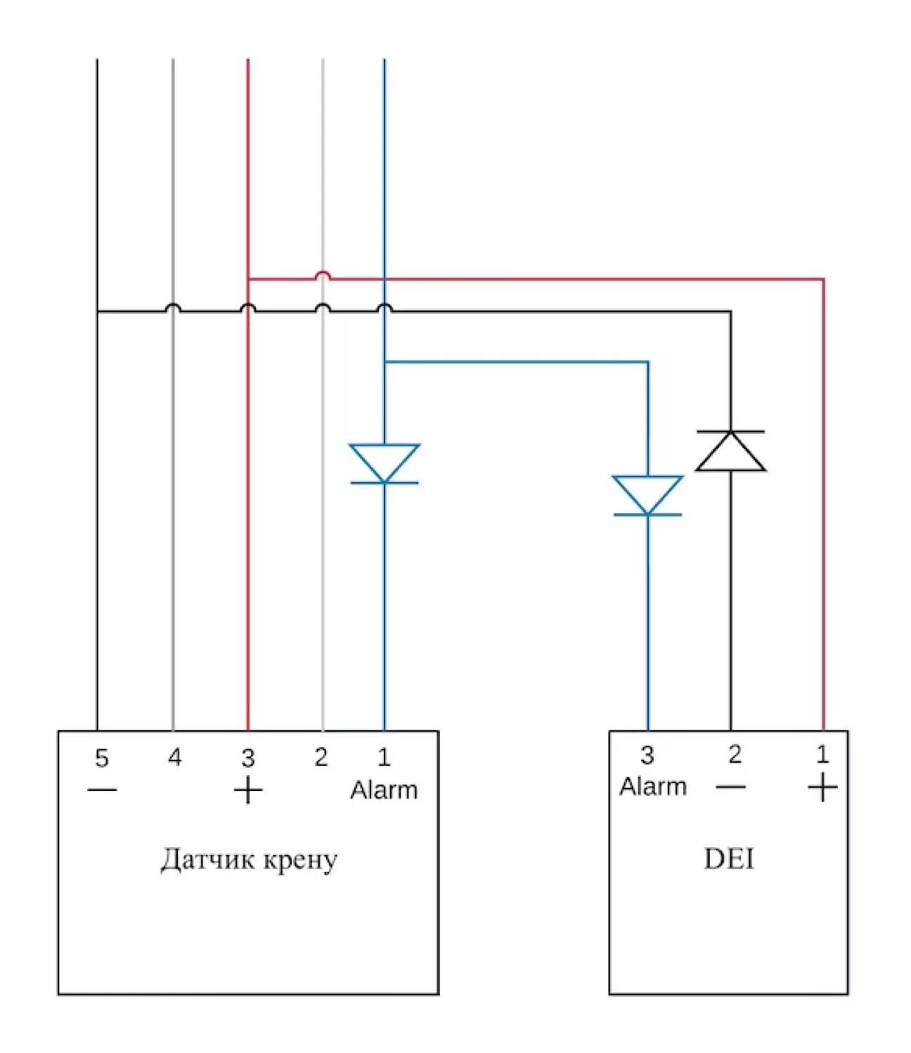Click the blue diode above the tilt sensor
click(x=384, y=463)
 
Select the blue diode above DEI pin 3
click(x=647, y=496)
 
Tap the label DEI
click(x=729, y=858)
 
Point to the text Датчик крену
click(x=249, y=859)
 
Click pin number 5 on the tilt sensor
click(x=102, y=758)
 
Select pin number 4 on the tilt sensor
click(x=174, y=757)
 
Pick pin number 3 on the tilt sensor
click(x=247, y=758)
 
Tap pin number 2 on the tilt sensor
click(x=321, y=757)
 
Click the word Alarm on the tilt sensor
click(x=384, y=790)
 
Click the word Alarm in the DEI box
click(x=652, y=787)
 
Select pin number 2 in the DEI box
click(x=735, y=754)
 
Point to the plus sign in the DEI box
click(x=822, y=788)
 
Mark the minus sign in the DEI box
click(x=731, y=787)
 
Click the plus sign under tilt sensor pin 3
click(x=247, y=792)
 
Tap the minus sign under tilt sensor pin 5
click(x=102, y=790)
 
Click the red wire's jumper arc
click(x=322, y=274)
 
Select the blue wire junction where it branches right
click(x=385, y=362)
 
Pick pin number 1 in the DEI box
click(x=822, y=754)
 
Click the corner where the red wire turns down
click(x=822, y=280)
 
